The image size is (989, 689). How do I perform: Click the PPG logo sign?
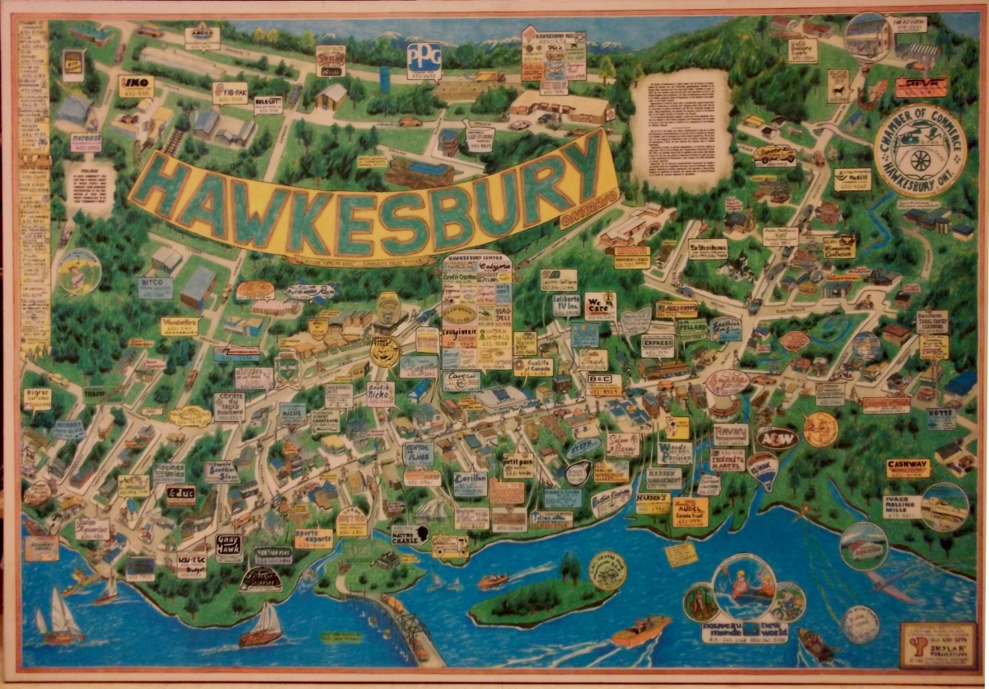(424, 59)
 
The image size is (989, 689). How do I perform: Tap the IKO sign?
(136, 85)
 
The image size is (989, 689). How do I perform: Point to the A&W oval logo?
(776, 438)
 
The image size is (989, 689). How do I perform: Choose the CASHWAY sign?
(907, 467)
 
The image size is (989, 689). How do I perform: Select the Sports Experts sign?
(313, 538)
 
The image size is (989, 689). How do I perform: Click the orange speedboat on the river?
(640, 631)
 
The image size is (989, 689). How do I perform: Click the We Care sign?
(600, 305)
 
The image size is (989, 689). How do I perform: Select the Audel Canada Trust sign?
(690, 511)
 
